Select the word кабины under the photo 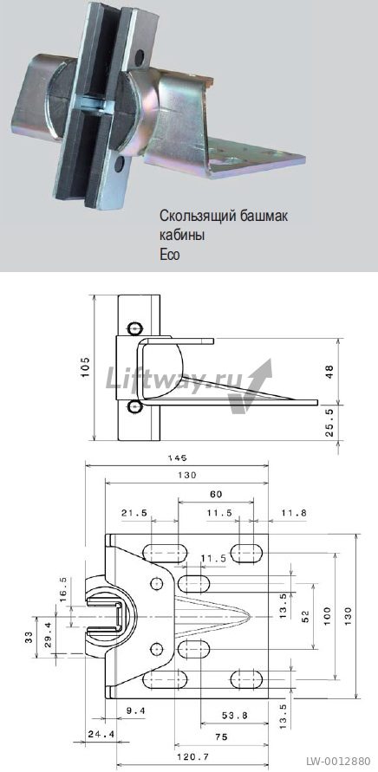pos(182,236)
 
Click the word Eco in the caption pos(170,255)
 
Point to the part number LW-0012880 pos(338,761)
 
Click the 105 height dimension pos(85,367)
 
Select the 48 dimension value pos(329,371)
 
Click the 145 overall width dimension pos(177,457)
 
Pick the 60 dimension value pos(215,494)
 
